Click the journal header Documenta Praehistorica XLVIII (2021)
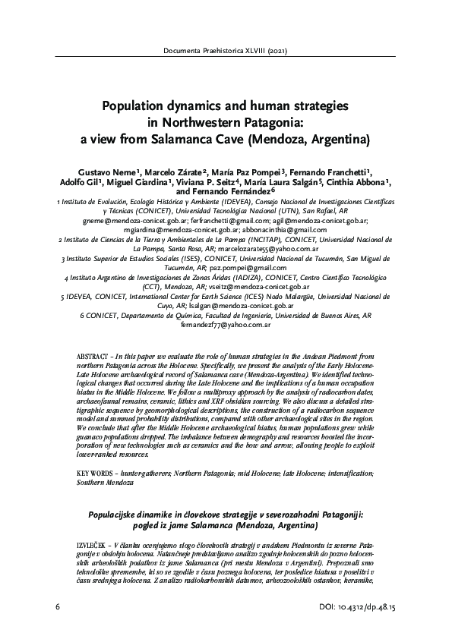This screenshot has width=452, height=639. tap(226, 52)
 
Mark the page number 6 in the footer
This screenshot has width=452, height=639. tap(58, 609)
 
